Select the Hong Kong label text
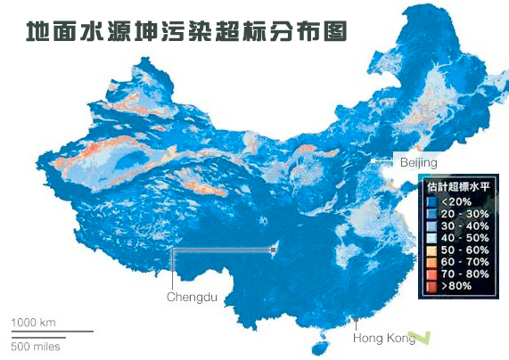pyautogui.click(x=383, y=338)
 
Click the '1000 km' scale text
pyautogui.click(x=34, y=322)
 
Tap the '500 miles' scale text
pyautogui.click(x=36, y=346)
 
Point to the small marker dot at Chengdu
pyautogui.click(x=273, y=251)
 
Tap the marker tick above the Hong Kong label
pyautogui.click(x=357, y=321)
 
